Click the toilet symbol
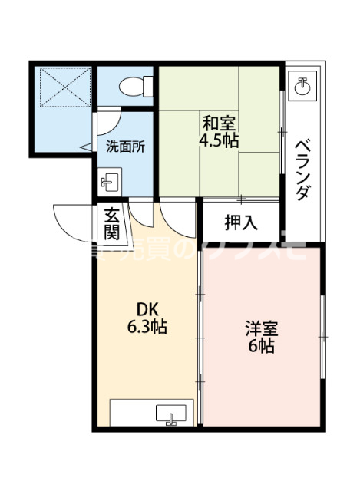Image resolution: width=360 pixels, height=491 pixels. pyautogui.click(x=132, y=86)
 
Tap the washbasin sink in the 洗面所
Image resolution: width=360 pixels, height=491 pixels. pyautogui.click(x=109, y=182)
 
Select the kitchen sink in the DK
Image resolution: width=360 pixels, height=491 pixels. pyautogui.click(x=170, y=416)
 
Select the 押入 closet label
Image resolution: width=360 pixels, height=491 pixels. pyautogui.click(x=240, y=222)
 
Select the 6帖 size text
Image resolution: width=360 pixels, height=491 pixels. pyautogui.click(x=261, y=346)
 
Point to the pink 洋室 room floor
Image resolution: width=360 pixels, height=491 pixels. pyautogui.click(x=261, y=384)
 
